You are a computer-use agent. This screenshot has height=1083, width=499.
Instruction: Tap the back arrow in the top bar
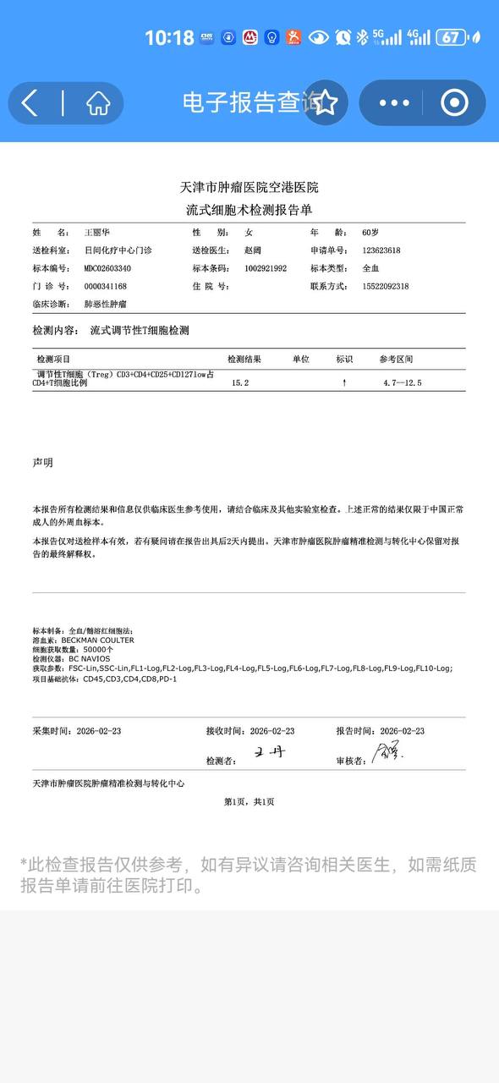pyautogui.click(x=30, y=103)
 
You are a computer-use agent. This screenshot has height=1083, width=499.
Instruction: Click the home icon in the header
pyautogui.click(x=98, y=103)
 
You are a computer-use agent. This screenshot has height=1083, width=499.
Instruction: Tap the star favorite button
pyautogui.click(x=326, y=103)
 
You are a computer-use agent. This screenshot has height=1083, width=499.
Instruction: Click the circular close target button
pyautogui.click(x=454, y=103)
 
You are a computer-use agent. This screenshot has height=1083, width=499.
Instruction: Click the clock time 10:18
pyautogui.click(x=169, y=37)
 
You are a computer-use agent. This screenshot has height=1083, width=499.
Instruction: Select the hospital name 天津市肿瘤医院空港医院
pyautogui.click(x=249, y=187)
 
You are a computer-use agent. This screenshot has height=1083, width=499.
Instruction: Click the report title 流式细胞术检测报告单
pyautogui.click(x=249, y=209)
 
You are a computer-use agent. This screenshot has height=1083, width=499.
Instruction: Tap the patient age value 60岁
pyautogui.click(x=371, y=232)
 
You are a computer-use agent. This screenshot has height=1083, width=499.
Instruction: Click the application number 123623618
pyautogui.click(x=381, y=250)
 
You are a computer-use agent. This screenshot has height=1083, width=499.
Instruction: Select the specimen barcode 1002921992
pyautogui.click(x=266, y=268)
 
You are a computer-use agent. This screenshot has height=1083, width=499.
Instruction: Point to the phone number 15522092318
pyautogui.click(x=385, y=287)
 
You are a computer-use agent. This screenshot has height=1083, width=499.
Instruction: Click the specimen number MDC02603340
pyautogui.click(x=107, y=268)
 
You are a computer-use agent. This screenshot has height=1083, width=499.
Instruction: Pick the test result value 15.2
pyautogui.click(x=240, y=383)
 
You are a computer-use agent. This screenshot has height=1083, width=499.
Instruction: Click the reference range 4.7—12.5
pyautogui.click(x=402, y=383)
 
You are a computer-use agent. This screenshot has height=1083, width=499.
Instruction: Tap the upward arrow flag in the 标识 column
pyautogui.click(x=344, y=383)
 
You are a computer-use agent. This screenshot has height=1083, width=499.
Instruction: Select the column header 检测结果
pyautogui.click(x=244, y=360)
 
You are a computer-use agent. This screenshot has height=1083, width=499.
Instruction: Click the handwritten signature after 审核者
pyautogui.click(x=388, y=751)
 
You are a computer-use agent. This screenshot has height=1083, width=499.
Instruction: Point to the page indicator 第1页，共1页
pyautogui.click(x=249, y=801)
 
